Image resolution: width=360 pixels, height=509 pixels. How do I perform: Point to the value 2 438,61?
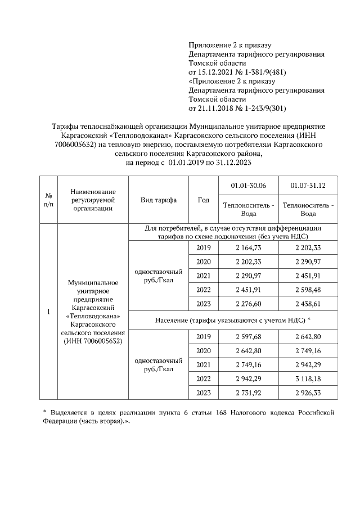coord(308,304)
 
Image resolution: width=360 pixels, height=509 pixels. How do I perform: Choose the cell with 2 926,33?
coord(308,393)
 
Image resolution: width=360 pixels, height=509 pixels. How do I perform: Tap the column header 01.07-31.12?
coord(308,186)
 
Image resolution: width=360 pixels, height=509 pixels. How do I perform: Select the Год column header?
coord(204,200)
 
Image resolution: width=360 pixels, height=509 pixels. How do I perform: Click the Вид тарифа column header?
coord(159,200)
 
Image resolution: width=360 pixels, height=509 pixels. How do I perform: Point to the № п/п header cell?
coord(48,200)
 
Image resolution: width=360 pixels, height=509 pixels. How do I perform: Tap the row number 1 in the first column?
coord(48,312)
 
